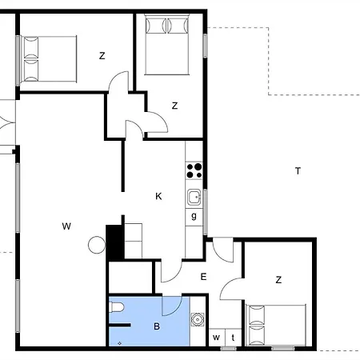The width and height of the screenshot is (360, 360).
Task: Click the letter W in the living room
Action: (x=66, y=226)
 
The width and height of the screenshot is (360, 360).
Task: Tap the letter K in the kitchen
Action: (x=158, y=197)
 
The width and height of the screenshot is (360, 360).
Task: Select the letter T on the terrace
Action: (x=298, y=170)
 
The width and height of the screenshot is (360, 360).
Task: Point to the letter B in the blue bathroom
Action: (x=157, y=326)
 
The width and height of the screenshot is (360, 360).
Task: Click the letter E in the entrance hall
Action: (x=203, y=277)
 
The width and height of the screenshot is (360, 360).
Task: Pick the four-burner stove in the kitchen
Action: (x=194, y=170)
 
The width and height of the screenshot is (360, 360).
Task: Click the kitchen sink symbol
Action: (x=194, y=197)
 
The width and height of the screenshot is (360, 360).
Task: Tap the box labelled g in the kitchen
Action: (x=194, y=218)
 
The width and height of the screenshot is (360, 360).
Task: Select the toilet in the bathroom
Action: (x=117, y=307)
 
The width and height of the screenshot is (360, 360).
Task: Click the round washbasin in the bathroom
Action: (x=198, y=319)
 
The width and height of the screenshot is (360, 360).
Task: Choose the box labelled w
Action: (x=217, y=338)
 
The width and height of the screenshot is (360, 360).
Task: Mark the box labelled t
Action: (x=234, y=338)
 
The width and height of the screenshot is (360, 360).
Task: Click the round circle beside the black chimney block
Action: (x=97, y=245)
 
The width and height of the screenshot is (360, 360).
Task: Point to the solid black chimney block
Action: (x=115, y=242)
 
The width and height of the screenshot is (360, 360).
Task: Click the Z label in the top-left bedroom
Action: (x=102, y=56)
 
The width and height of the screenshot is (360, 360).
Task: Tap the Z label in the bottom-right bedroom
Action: (x=278, y=280)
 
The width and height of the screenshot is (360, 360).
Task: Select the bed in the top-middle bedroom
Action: (x=167, y=44)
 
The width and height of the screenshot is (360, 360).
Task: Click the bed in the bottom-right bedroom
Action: (x=276, y=325)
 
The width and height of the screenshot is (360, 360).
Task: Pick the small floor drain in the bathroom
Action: (x=120, y=343)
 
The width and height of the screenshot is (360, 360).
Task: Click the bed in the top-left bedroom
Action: (x=49, y=59)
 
